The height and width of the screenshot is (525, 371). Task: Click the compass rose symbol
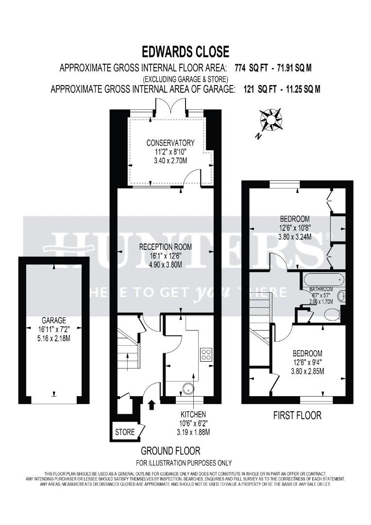tap(270, 120)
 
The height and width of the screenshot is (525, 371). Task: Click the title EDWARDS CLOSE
tap(185, 52)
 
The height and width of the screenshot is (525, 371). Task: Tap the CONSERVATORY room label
tap(170, 142)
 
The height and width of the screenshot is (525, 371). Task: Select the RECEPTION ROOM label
tap(166, 247)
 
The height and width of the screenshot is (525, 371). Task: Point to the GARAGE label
tap(53, 321)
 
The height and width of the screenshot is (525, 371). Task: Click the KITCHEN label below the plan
tap(194, 414)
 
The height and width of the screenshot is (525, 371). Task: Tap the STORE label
tap(125, 432)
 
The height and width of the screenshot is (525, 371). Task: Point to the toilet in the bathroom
tap(332, 315)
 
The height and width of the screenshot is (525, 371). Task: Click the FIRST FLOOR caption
tap(297, 415)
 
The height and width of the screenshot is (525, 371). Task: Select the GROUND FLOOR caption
tap(170, 451)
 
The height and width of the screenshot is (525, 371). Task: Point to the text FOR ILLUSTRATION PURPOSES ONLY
tap(184, 463)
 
